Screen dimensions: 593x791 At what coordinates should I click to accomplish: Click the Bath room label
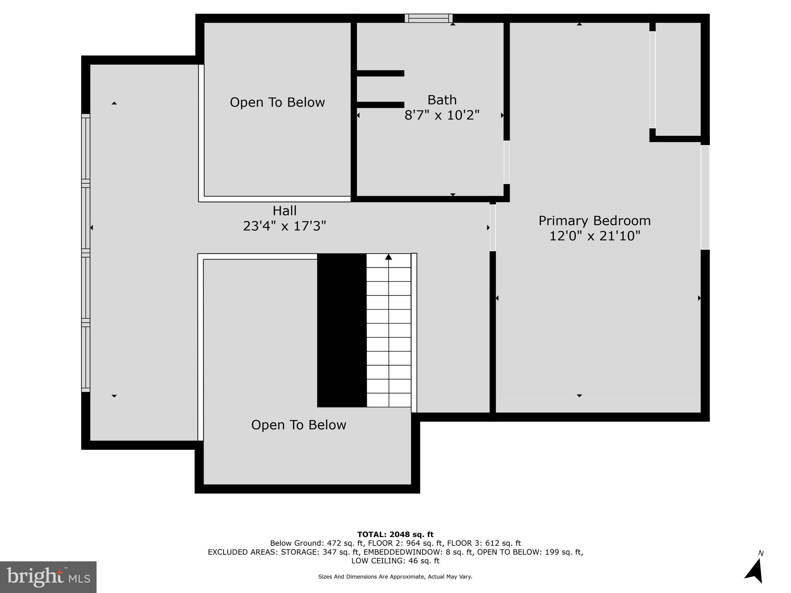coord(442,100)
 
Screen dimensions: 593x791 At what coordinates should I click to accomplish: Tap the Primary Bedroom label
coord(594,221)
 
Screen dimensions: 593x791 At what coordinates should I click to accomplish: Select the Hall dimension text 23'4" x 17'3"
coord(284,226)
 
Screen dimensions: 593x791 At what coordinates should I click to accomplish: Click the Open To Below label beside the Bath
coord(277,102)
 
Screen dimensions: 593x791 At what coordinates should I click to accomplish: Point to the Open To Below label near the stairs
coord(299,425)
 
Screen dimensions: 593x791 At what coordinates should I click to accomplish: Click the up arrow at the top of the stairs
coord(389,257)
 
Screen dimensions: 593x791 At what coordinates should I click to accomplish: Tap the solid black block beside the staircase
coord(342,330)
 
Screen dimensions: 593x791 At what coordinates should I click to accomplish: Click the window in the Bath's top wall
coord(429,18)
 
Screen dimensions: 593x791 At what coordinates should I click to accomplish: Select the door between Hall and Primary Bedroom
coord(492,228)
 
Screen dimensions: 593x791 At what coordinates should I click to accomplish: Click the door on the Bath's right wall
coord(506,162)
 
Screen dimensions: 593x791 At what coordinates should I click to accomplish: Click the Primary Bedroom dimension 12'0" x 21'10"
coord(594,236)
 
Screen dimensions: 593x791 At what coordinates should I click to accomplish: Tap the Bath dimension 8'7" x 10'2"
coord(442,115)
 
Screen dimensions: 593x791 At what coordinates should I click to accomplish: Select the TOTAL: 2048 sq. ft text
coord(395,535)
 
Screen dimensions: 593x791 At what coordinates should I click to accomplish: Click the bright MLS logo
coord(48,577)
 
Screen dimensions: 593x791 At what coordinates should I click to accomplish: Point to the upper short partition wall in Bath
coord(380,73)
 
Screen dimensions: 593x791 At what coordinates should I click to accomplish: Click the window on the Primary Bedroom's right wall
coord(705,197)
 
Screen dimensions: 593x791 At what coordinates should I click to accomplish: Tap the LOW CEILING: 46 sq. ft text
coord(395,561)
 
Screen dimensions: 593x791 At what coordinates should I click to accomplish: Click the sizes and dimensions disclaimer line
coord(395,577)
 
